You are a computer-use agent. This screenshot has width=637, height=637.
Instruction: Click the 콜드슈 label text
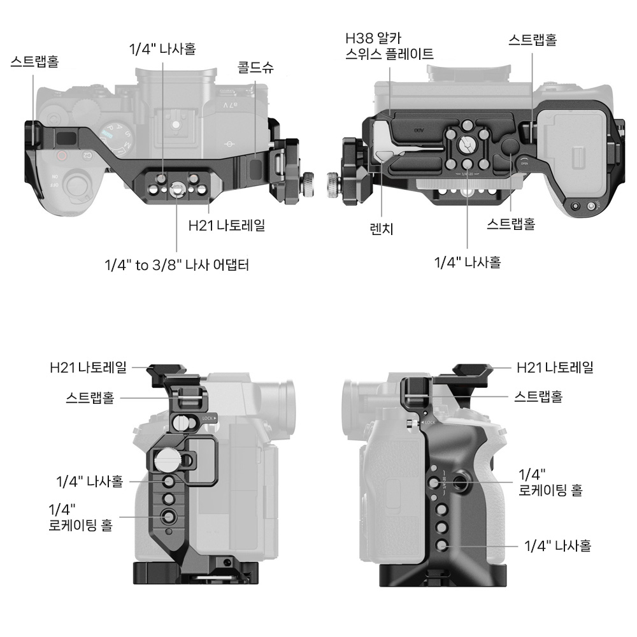255,68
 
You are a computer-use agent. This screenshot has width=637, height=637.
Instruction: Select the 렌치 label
382,229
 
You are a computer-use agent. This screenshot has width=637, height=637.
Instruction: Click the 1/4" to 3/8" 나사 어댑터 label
176,264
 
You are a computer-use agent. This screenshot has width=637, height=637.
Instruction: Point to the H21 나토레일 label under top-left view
227,225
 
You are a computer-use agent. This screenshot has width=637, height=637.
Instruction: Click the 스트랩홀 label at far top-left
34,62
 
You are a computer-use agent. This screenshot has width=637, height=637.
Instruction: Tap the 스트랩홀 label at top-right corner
533,39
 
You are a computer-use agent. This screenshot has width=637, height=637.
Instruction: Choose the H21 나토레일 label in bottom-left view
89,367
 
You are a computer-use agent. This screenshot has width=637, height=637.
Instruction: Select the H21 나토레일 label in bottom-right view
555,367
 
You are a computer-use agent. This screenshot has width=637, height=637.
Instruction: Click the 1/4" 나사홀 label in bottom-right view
558,545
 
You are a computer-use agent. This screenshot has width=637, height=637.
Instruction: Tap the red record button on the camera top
62,155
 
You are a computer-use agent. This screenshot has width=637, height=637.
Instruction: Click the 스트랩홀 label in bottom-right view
538,397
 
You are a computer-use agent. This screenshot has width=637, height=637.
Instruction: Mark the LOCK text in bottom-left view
208,419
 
